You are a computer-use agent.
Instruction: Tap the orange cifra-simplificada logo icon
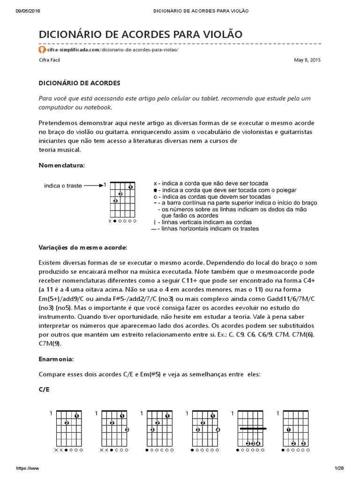pos(42,49)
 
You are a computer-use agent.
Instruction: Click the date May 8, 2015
pos(307,60)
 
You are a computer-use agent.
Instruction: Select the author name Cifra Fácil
pos(49,60)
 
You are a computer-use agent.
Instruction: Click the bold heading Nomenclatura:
pos(61,165)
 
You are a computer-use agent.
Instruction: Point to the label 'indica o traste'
pos(63,186)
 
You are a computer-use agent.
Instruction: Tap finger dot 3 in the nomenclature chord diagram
pos(115,201)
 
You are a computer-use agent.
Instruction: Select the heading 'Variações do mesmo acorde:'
pos(82,247)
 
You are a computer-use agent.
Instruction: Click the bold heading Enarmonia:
pos(56,359)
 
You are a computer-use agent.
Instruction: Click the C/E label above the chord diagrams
pos(44,390)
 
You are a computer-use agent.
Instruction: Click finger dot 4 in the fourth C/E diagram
pos(218,429)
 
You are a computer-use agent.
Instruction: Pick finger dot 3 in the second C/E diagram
pos(127,429)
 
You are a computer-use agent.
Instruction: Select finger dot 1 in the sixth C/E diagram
pos(288,429)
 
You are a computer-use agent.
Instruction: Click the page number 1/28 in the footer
pos(339,468)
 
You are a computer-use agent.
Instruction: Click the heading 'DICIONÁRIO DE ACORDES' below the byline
pos(79,83)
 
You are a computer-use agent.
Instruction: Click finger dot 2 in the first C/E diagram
pos(67,423)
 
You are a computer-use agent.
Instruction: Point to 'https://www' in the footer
pos(28,468)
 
